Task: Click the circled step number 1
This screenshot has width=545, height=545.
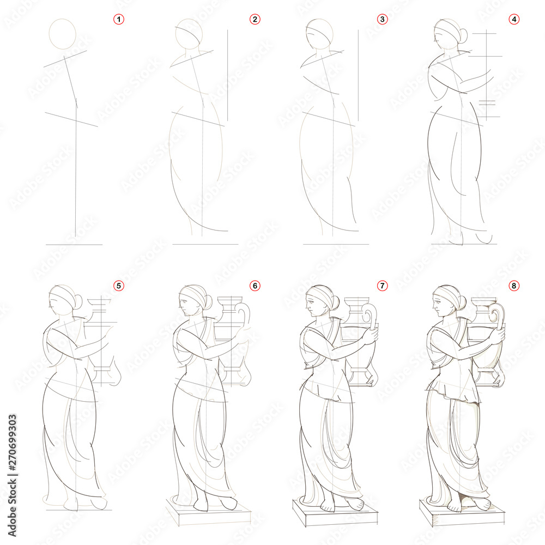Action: tap(119, 20)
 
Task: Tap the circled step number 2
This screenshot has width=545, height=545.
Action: tap(255, 20)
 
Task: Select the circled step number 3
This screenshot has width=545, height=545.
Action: tap(383, 20)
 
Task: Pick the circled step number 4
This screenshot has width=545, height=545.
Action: tap(513, 20)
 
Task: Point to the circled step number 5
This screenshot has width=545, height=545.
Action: tap(119, 286)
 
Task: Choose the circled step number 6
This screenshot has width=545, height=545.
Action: tap(255, 286)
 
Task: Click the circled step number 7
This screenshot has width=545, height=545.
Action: tap(383, 286)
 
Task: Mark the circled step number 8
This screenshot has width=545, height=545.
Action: tap(513, 286)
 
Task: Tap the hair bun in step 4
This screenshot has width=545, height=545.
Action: tap(462, 36)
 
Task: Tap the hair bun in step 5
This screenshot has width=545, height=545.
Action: tap(77, 301)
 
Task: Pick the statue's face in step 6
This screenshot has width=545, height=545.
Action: tap(186, 305)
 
